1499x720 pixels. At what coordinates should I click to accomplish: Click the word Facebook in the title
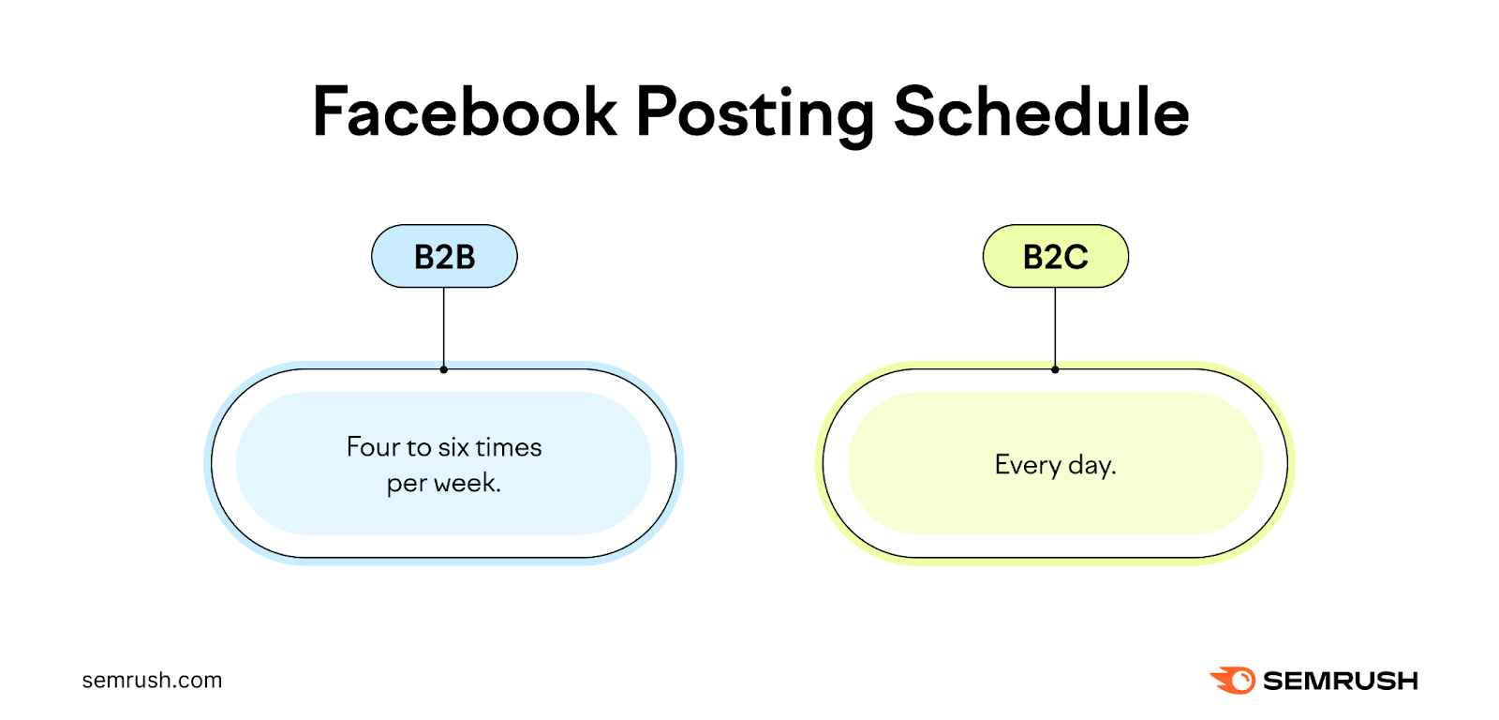[465, 112]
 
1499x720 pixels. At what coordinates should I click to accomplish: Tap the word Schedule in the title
[1041, 112]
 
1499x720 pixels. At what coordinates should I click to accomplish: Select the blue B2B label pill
[444, 256]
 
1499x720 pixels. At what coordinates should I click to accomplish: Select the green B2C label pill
[1055, 256]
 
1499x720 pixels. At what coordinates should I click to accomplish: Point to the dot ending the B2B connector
[444, 369]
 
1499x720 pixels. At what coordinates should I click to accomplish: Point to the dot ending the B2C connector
[1055, 369]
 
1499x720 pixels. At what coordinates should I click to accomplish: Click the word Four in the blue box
[373, 447]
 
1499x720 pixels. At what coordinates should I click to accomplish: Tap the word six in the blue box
[453, 447]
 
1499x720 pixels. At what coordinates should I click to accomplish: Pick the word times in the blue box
[509, 447]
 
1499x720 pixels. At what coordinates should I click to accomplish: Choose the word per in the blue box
[407, 485]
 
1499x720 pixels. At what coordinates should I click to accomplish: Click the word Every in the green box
[1028, 465]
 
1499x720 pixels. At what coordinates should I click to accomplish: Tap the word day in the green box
[1091, 465]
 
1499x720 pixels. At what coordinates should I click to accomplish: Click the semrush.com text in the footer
[152, 681]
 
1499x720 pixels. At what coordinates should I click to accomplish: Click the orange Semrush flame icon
[1234, 680]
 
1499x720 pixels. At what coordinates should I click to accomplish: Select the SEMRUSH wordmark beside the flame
[1340, 681]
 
